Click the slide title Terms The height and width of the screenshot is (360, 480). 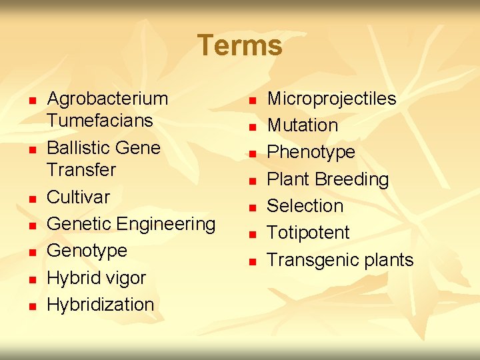click(240, 45)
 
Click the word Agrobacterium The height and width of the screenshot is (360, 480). click(107, 99)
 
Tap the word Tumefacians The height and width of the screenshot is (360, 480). click(99, 121)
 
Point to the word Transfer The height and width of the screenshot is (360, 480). click(81, 169)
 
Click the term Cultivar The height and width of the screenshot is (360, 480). click(78, 197)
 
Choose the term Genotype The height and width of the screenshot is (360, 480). click(87, 251)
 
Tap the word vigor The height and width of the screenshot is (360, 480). click(125, 278)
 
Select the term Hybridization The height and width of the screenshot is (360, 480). click(100, 305)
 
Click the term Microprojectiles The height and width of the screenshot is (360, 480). click(331, 99)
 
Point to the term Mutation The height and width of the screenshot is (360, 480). click(302, 125)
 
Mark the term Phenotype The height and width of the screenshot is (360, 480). click(311, 152)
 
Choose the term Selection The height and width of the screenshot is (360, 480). click(305, 206)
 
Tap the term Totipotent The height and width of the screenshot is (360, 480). click(308, 233)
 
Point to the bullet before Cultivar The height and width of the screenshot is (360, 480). click(31, 199)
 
